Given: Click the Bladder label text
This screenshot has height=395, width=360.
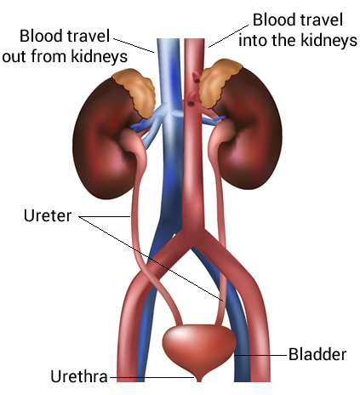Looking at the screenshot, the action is tap(317, 354).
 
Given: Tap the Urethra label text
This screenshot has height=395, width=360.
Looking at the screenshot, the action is tap(79, 376).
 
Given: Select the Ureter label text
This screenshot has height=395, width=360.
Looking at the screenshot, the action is tap(48, 215).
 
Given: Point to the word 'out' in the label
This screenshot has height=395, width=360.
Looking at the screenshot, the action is tap(14, 56).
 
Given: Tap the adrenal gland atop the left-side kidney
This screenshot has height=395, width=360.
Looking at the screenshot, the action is tap(135, 91).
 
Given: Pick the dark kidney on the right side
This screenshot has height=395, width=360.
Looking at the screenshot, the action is tap(249, 129).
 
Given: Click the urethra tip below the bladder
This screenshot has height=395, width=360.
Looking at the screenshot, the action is tap(199, 378).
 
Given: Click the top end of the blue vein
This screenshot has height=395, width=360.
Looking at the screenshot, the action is tap(169, 40).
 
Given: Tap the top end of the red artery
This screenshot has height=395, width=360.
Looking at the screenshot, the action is tap(194, 40).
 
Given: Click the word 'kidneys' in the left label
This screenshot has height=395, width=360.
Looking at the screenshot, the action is tap(99, 57).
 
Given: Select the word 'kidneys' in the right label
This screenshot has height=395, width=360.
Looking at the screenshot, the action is tap(329, 40).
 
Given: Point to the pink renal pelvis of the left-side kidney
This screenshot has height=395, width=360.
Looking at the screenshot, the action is tap(130, 140).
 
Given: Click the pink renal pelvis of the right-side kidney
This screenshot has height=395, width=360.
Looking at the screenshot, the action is tap(220, 133).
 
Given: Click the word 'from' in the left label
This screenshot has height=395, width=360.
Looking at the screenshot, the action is tap(49, 56).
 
